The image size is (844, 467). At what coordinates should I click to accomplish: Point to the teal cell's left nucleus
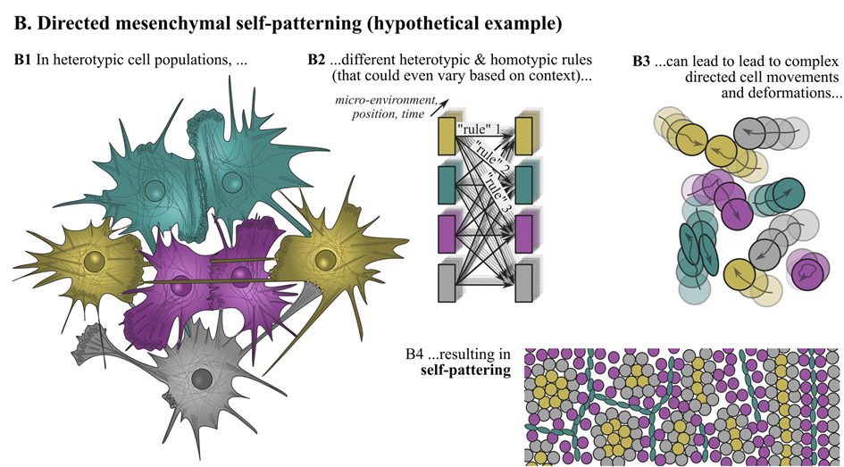[x=155, y=189]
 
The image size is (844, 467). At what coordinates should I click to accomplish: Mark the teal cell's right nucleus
[x=232, y=182]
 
